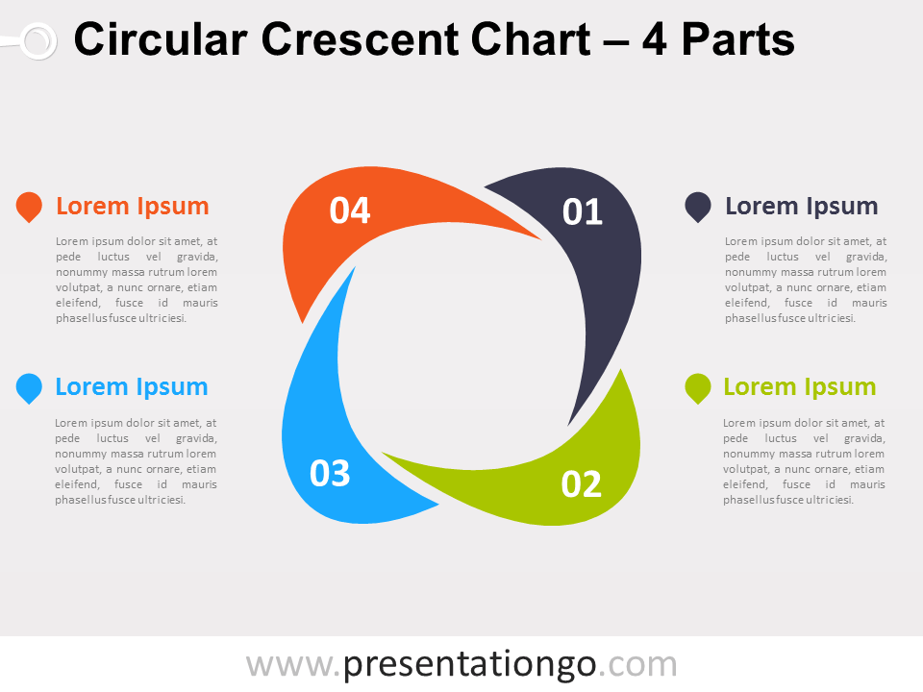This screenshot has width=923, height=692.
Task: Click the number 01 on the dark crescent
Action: point(583,211)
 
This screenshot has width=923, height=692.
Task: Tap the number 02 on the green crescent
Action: point(581,484)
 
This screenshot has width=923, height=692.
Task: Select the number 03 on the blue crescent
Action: point(330,473)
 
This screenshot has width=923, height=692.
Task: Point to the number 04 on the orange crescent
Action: point(350,210)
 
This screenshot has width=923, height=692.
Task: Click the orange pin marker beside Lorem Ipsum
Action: point(29,207)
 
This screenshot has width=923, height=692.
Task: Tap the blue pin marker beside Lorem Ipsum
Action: point(29,387)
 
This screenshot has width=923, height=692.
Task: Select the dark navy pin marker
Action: point(698,207)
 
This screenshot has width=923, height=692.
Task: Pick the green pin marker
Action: point(698,387)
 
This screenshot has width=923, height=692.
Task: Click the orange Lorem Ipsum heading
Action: point(133,207)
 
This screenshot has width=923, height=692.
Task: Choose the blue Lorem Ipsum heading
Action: point(132,387)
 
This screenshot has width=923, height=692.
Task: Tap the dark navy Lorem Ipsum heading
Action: point(801,207)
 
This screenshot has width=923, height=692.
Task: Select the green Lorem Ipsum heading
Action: point(799,387)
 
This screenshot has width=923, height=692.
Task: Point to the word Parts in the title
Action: point(738,39)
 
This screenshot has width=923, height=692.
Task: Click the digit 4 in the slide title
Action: point(655,39)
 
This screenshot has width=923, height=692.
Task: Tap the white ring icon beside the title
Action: point(38,40)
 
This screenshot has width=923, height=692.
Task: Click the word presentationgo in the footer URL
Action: point(470,665)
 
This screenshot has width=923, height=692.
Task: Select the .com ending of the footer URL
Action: point(637,665)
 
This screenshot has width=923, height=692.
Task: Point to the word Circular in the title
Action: point(161,39)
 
